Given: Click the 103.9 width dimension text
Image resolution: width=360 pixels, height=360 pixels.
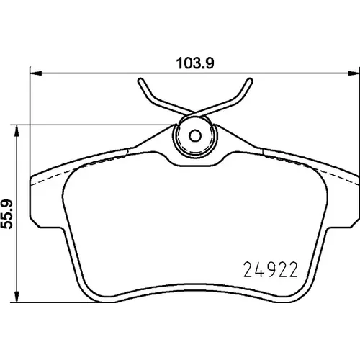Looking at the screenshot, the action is coord(195,63).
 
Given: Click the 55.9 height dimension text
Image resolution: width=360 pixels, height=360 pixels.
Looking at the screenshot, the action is coord(7,215).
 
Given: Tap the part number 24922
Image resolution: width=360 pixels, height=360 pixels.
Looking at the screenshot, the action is coord(271,269).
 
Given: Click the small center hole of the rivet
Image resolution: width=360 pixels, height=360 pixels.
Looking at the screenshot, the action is coord(195,136).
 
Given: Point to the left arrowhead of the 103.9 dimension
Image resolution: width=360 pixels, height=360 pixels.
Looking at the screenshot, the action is coord(36,73).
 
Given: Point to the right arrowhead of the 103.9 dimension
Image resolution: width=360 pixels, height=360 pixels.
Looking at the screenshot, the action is coord(354,73).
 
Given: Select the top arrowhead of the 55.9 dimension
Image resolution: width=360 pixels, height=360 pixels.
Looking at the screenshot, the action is coord(17,131).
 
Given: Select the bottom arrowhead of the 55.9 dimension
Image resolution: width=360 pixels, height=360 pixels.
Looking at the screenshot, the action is coord(17,297).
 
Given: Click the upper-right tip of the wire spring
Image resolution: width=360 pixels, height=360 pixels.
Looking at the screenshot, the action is coord(250,81).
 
